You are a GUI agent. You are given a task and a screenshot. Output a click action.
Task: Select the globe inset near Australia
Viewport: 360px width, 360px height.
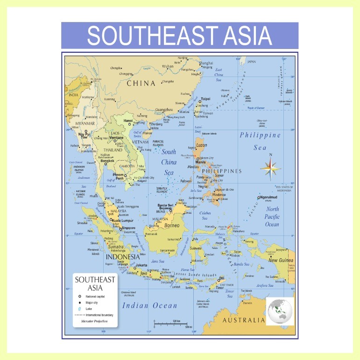point(279,310)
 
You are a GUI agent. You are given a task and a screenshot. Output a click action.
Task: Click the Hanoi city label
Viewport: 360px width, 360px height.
point(128,120)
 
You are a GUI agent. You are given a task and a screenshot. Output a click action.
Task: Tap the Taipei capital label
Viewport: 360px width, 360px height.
point(205,99)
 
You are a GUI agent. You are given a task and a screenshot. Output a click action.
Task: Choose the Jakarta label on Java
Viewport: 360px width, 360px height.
point(141,265)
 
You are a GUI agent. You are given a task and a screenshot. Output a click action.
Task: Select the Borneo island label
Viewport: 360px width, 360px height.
point(172,226)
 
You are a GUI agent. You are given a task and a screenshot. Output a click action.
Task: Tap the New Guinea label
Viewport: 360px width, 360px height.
point(280,260)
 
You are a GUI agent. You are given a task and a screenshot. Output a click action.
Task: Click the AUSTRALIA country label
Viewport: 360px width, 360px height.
point(243,321)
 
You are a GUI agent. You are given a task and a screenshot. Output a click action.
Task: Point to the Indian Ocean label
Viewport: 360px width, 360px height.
point(149,305)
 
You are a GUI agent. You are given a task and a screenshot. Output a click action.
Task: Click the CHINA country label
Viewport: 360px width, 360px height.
point(141,84)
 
